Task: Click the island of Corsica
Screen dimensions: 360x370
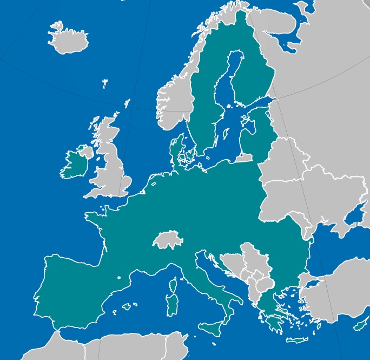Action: (x=174, y=286)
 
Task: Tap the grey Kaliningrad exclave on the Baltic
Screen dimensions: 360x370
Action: (x=243, y=158)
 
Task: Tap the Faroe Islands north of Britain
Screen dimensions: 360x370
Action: (x=105, y=82)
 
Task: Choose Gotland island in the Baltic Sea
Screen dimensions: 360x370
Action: (x=225, y=133)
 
